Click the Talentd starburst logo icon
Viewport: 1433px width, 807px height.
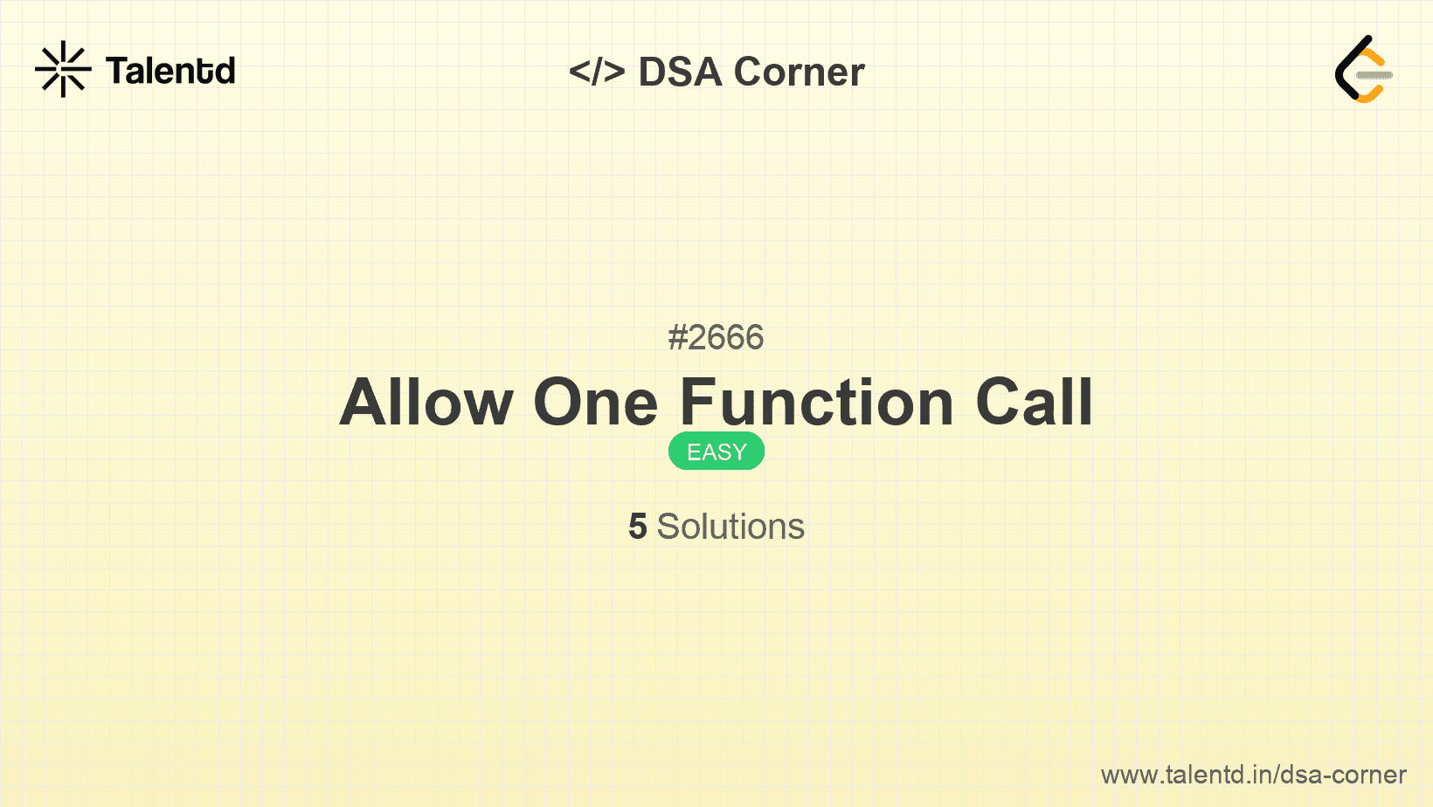pos(63,69)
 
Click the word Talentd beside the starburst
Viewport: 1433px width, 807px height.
pos(170,71)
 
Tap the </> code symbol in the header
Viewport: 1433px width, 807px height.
pos(597,72)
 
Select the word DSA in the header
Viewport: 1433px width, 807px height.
pos(681,72)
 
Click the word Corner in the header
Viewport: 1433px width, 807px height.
pos(799,72)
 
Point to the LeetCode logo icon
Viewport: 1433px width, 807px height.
pos(1363,69)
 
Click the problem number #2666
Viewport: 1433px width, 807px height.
pos(716,337)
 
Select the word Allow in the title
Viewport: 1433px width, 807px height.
pos(426,403)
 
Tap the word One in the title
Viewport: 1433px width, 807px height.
pos(595,403)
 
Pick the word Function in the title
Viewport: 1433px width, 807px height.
pos(817,403)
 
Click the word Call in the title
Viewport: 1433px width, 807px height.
pos(1034,403)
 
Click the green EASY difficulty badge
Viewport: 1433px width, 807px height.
pos(716,452)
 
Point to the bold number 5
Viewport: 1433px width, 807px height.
pos(638,527)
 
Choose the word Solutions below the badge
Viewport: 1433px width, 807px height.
pos(730,527)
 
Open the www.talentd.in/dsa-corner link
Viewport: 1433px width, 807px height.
pos(1253,775)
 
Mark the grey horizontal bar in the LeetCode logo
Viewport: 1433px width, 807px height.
pos(1374,75)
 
